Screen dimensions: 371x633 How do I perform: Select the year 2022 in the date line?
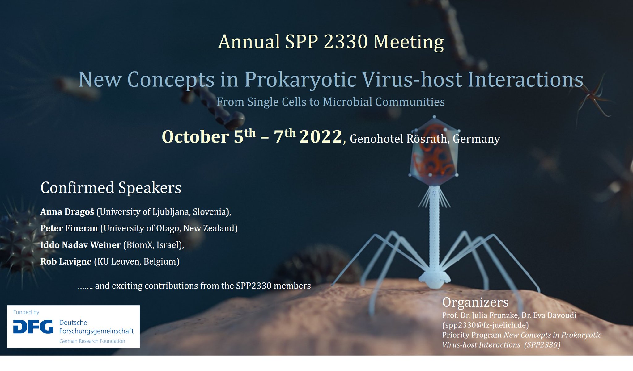321,137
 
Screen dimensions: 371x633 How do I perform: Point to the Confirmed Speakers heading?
111,188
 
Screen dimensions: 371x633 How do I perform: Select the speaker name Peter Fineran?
69,228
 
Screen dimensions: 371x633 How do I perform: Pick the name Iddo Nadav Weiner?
80,245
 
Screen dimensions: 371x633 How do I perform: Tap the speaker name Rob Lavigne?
66,262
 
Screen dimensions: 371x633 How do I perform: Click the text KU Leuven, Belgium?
137,262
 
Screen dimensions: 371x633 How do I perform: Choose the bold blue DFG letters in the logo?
33,327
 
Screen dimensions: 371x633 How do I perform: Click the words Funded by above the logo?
26,312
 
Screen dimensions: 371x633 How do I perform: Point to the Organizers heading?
475,302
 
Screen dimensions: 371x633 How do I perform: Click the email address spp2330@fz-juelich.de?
485,325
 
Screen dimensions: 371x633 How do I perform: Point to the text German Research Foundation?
92,341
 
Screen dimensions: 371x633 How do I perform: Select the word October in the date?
195,137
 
